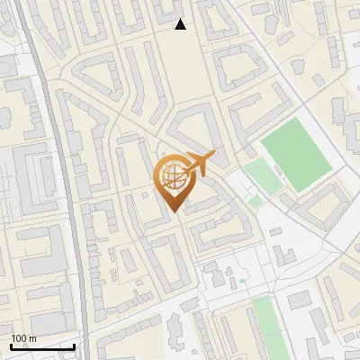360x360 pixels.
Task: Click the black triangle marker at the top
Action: [181, 24]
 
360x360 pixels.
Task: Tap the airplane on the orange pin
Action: [199, 162]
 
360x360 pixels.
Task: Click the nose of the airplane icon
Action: [213, 155]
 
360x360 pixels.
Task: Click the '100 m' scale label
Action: [24, 338]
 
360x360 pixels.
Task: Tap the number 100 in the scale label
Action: [20, 338]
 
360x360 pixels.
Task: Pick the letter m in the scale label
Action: [32, 339]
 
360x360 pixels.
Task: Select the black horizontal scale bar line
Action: [42, 346]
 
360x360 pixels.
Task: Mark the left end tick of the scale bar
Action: [11, 345]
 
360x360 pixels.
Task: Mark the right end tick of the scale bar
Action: [75, 345]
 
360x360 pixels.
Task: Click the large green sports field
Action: [296, 157]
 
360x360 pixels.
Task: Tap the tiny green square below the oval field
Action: [255, 202]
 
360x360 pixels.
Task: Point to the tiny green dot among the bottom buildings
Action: [242, 281]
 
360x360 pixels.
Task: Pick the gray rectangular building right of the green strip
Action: [300, 301]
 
